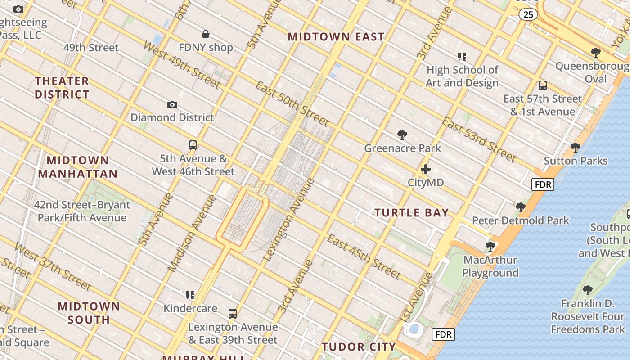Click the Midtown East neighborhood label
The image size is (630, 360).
click(x=336, y=37)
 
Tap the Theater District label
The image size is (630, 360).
click(x=62, y=88)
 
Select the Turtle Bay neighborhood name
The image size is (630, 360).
click(x=412, y=213)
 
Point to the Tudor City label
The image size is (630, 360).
click(x=359, y=347)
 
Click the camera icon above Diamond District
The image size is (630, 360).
click(x=172, y=105)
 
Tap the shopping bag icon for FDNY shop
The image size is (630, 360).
click(x=206, y=34)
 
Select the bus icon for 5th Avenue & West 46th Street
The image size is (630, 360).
click(x=193, y=145)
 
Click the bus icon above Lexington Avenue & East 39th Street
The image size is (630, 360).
click(x=233, y=314)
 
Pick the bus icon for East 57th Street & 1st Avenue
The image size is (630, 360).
click(x=543, y=85)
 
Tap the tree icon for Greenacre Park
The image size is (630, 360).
click(x=402, y=135)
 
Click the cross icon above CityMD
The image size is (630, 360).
click(x=426, y=170)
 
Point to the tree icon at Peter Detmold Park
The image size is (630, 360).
click(x=521, y=207)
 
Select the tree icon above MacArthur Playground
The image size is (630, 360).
click(x=490, y=247)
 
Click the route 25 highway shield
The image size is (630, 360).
click(x=528, y=15)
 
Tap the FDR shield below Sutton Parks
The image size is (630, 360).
click(x=543, y=184)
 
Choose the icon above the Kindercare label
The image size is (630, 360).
click(x=190, y=295)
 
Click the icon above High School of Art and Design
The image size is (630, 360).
click(x=462, y=57)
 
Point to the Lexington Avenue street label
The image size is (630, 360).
click(x=288, y=220)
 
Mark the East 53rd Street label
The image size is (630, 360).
click(x=478, y=139)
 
